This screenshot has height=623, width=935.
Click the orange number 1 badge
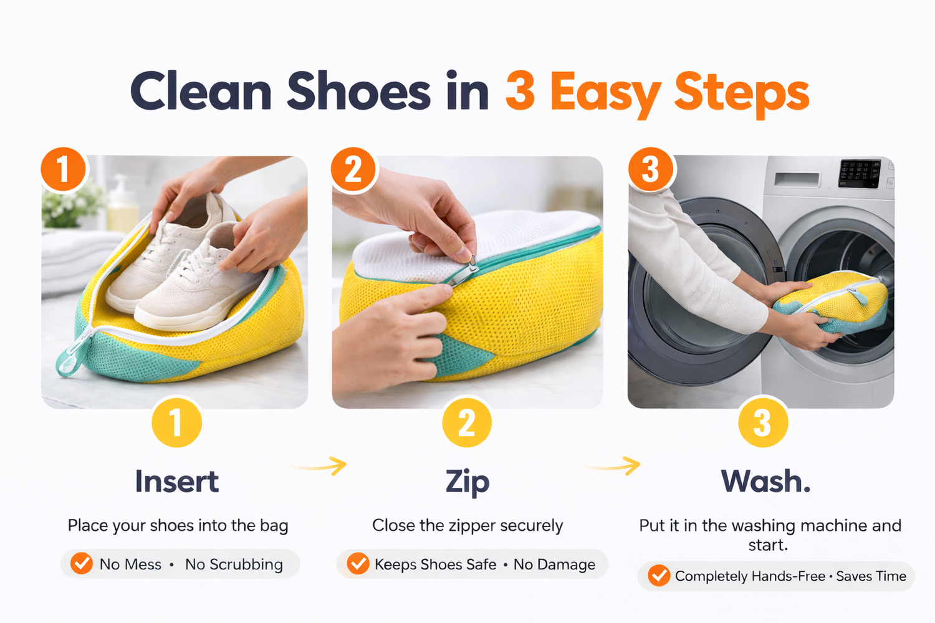(63, 169)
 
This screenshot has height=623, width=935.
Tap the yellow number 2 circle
(467, 422)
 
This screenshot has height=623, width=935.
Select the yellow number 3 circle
(762, 422)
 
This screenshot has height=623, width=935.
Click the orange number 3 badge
(650, 169)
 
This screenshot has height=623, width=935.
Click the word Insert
(177, 482)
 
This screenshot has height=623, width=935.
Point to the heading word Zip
(467, 483)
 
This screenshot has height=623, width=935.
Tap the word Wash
(765, 481)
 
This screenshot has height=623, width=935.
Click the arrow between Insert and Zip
(319, 465)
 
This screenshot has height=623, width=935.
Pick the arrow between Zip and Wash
(611, 465)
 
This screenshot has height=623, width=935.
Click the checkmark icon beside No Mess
(82, 563)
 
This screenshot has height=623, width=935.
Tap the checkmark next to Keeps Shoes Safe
(358, 563)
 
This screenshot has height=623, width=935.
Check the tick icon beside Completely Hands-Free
(659, 576)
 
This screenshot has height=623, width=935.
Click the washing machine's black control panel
(860, 173)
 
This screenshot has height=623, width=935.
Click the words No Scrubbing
(234, 564)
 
